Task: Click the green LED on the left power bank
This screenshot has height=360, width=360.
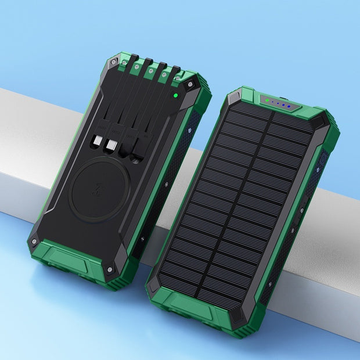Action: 175,96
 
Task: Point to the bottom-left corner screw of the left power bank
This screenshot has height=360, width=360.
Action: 35,241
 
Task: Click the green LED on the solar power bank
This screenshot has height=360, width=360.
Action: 266,100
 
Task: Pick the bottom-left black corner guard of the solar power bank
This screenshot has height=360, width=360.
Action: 153,283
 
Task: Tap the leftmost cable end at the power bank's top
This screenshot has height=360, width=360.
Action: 134,59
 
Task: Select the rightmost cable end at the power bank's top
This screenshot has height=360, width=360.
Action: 175,71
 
